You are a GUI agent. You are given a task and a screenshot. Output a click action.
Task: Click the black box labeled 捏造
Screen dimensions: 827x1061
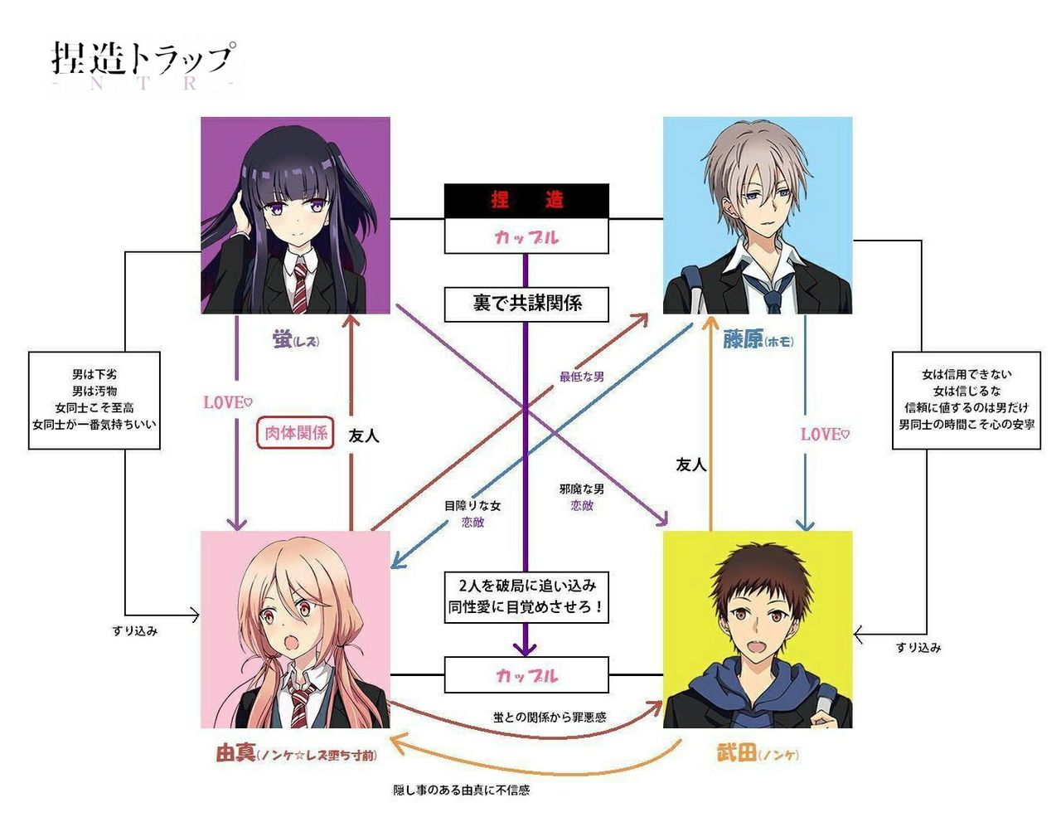pos(526,201)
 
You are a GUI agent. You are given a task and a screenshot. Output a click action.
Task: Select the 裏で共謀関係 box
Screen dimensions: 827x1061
pos(526,304)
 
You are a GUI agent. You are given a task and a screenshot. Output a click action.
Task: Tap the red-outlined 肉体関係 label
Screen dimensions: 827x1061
pos(296,432)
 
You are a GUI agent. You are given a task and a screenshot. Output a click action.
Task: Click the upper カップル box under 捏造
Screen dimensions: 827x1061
pos(526,236)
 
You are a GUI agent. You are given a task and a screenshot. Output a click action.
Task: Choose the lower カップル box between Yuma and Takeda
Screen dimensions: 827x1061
pos(526,675)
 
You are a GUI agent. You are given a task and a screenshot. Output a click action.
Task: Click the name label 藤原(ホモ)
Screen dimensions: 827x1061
pos(758,339)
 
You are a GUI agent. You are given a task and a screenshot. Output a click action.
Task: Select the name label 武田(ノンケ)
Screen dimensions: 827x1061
pos(757,753)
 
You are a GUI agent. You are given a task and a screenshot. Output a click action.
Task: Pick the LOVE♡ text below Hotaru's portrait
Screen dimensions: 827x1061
pos(227,402)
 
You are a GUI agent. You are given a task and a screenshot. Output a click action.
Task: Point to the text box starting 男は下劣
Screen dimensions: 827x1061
pos(94,400)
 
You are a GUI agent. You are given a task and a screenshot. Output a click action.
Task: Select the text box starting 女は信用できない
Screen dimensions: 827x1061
pos(966,400)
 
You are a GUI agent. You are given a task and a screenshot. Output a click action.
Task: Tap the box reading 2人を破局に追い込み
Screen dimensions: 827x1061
pos(526,596)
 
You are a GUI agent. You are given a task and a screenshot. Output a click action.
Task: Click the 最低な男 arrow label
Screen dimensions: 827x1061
pos(581,377)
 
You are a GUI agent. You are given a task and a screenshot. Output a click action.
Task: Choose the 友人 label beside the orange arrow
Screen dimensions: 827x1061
pos(690,465)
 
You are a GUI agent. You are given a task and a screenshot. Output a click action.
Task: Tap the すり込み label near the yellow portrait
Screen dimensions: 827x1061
pos(918,647)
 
